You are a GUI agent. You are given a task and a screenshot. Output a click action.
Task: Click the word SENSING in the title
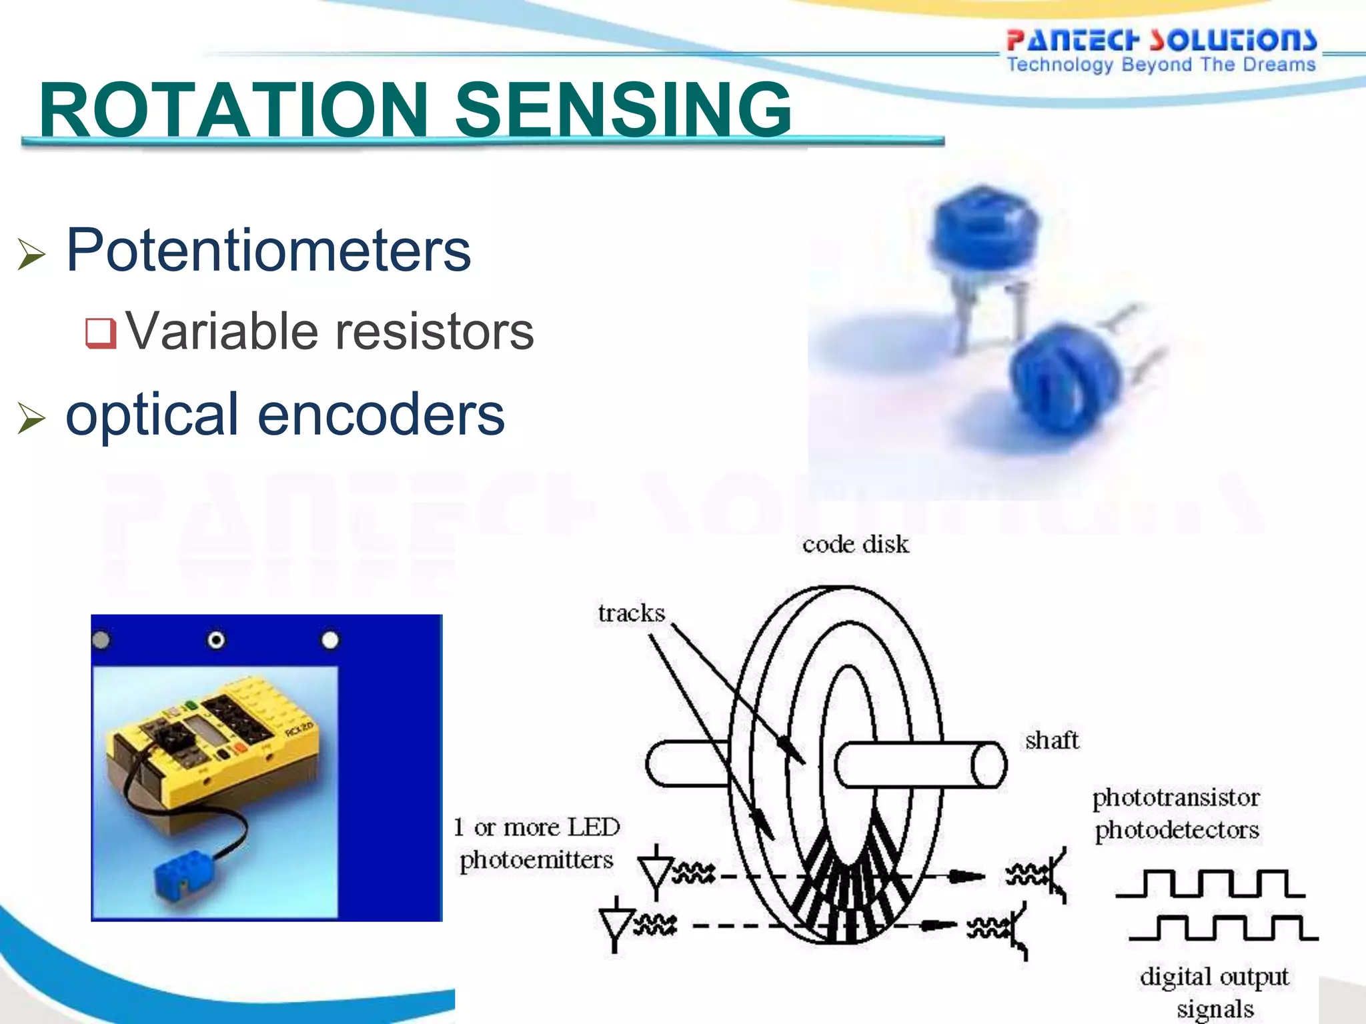(623, 110)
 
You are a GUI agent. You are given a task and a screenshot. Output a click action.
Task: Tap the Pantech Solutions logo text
(1161, 40)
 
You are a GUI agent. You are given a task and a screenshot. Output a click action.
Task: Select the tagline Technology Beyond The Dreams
(1161, 65)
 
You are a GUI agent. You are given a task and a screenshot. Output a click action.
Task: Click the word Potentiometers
(268, 251)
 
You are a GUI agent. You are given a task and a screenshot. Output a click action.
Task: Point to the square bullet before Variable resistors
(101, 333)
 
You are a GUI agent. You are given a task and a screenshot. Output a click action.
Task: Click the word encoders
(381, 415)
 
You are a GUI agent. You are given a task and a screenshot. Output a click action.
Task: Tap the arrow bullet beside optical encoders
(31, 418)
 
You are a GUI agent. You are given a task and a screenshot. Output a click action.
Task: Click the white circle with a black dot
(216, 641)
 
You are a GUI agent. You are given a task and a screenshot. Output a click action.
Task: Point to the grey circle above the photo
(101, 641)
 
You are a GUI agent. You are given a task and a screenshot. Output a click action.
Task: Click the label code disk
(855, 545)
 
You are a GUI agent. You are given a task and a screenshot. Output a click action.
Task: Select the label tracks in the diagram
(631, 613)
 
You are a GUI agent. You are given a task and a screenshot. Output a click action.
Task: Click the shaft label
(1052, 740)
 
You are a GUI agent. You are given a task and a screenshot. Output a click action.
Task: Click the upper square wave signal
(1210, 883)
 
